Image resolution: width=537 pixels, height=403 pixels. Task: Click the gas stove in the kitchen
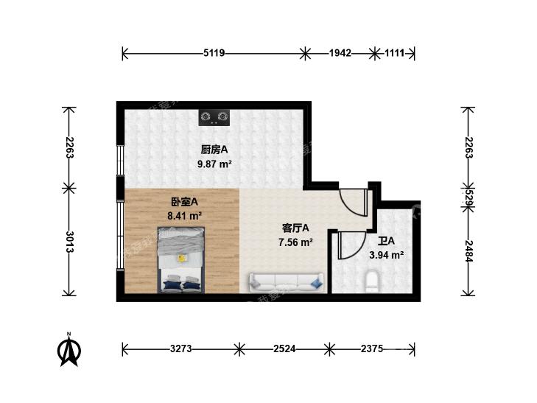pos(214,117)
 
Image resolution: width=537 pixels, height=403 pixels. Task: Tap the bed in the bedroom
pos(181,260)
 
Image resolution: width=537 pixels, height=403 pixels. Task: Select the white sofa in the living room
pos(287,282)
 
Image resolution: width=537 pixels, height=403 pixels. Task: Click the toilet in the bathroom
pos(372,281)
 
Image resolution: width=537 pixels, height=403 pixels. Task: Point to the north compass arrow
pos(69,350)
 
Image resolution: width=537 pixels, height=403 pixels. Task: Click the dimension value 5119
pos(214,53)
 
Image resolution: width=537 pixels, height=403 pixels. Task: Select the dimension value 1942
pos(340,53)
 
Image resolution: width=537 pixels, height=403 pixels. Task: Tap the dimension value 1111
pos(395,53)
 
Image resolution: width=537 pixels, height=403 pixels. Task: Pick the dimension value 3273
pos(180,349)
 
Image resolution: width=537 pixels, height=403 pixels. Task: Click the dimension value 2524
pos(284,349)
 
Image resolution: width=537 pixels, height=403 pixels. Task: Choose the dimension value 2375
pos(371,349)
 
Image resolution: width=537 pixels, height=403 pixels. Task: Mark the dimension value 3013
pos(69,242)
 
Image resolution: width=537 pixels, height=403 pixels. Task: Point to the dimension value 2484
pos(468,251)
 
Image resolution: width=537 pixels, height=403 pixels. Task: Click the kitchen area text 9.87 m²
pos(215,164)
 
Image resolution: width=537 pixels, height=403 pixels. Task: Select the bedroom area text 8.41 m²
pos(184,216)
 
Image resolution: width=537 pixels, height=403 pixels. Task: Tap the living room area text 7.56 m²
pos(295,243)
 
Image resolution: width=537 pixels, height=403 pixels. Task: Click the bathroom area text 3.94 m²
pos(386,255)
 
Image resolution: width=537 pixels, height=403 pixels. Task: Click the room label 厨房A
pos(214,150)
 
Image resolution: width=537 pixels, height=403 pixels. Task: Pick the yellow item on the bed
pos(180,258)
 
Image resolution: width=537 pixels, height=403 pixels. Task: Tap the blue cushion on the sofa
pos(317,283)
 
